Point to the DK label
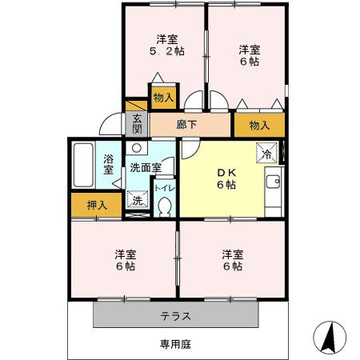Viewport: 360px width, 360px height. pos(226,170)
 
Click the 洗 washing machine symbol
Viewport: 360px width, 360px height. pos(137,201)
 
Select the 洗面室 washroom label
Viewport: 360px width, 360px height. pos(146,167)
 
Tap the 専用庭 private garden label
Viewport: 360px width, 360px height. pos(174,345)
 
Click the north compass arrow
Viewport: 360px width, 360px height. pos(328,337)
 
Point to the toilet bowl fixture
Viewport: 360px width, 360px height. pos(164,206)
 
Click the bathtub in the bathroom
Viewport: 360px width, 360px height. pos(82,166)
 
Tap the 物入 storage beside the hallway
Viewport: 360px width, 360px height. pos(258,126)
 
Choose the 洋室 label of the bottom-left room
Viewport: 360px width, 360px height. pos(123,254)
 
